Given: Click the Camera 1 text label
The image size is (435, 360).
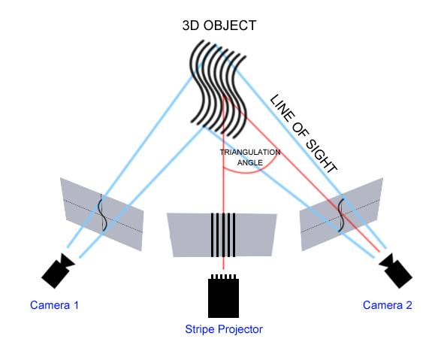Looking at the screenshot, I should tap(54, 305).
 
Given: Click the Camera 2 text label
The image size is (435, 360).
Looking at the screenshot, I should tap(388, 305).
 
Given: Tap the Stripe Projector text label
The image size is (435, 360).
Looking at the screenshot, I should tap(224, 329).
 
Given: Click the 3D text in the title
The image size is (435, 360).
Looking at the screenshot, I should tap(192, 26).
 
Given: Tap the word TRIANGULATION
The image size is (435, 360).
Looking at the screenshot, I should tap(250, 152).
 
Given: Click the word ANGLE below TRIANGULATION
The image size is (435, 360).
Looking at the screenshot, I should tap(250, 162).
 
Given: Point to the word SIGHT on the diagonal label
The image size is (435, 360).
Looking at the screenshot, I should tap(321, 156).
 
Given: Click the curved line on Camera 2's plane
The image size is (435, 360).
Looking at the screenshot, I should tap(343, 212).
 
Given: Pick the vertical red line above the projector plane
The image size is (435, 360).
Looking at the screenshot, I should tap(223, 180).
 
